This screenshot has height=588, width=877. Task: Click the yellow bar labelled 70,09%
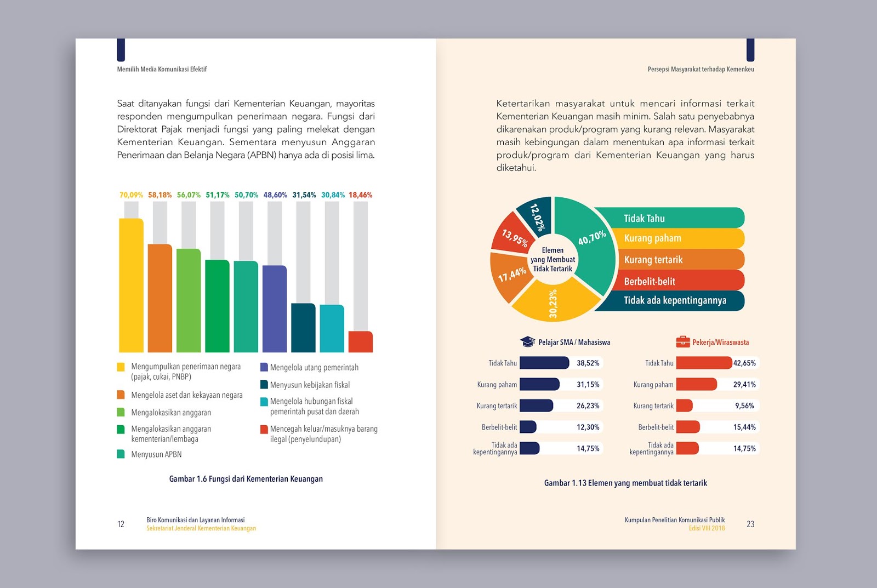click(131, 285)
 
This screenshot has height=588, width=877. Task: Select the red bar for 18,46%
click(360, 341)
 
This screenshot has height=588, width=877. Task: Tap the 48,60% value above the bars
click(275, 195)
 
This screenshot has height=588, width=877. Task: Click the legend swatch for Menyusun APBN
click(121, 454)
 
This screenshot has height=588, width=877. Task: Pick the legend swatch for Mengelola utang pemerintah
click(264, 367)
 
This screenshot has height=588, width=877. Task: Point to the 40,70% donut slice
click(589, 241)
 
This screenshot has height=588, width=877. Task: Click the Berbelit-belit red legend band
click(680, 281)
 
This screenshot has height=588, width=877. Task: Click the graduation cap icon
click(527, 341)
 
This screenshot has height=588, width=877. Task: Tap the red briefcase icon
click(682, 342)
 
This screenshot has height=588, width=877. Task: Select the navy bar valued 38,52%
click(544, 363)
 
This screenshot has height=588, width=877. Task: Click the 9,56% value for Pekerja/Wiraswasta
click(744, 406)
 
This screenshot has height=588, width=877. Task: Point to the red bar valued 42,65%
click(704, 363)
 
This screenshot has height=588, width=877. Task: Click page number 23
click(750, 524)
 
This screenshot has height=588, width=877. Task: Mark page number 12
click(121, 524)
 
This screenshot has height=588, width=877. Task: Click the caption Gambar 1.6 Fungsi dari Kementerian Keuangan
click(246, 479)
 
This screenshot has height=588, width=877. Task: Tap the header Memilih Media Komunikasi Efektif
click(162, 69)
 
